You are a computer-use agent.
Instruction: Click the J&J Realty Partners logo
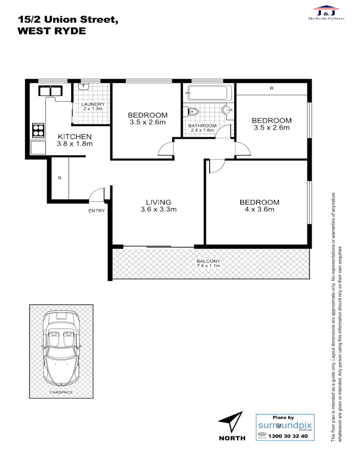(326, 12)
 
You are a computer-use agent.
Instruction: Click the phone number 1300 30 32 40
(288, 436)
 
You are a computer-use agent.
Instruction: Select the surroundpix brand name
(285, 425)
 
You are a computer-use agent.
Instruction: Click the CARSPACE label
(61, 392)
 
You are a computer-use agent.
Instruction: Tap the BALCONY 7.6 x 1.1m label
(208, 263)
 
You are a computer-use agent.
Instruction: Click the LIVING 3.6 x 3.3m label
(158, 206)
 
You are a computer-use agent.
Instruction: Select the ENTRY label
(96, 211)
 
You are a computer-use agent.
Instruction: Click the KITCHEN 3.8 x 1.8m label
(75, 140)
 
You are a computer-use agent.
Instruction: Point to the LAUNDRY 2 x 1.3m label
(93, 106)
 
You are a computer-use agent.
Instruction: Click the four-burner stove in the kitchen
(38, 131)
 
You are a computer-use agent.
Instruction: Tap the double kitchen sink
(50, 90)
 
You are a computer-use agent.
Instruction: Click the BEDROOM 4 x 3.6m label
(259, 206)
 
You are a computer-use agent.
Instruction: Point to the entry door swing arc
(97, 194)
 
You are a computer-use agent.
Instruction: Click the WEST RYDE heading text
(52, 31)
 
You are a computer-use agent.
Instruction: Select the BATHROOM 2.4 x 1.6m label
(202, 128)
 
